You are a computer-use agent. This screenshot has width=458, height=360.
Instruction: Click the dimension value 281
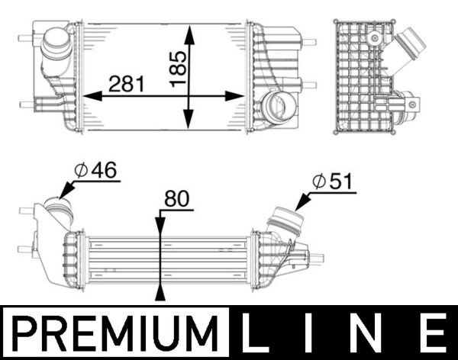pyautogui.click(x=126, y=83)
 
